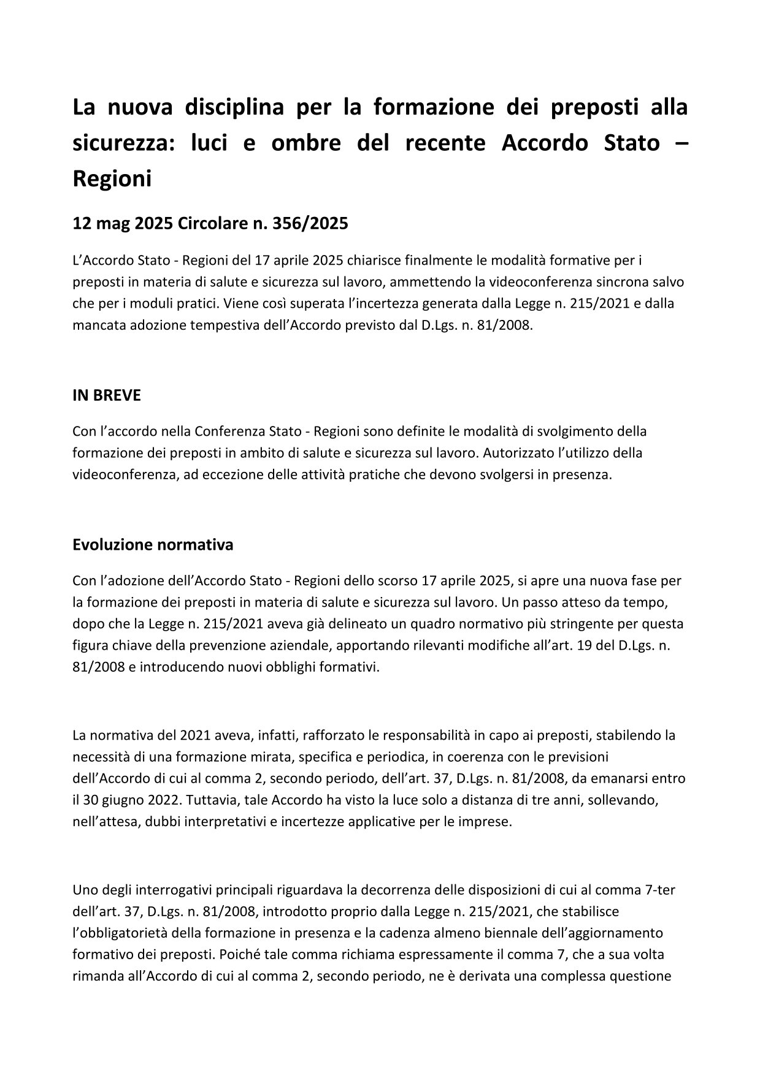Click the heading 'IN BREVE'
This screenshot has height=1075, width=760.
coord(106,395)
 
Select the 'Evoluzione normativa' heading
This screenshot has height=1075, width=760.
coord(153,544)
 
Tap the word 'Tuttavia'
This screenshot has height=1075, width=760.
coord(210,800)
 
